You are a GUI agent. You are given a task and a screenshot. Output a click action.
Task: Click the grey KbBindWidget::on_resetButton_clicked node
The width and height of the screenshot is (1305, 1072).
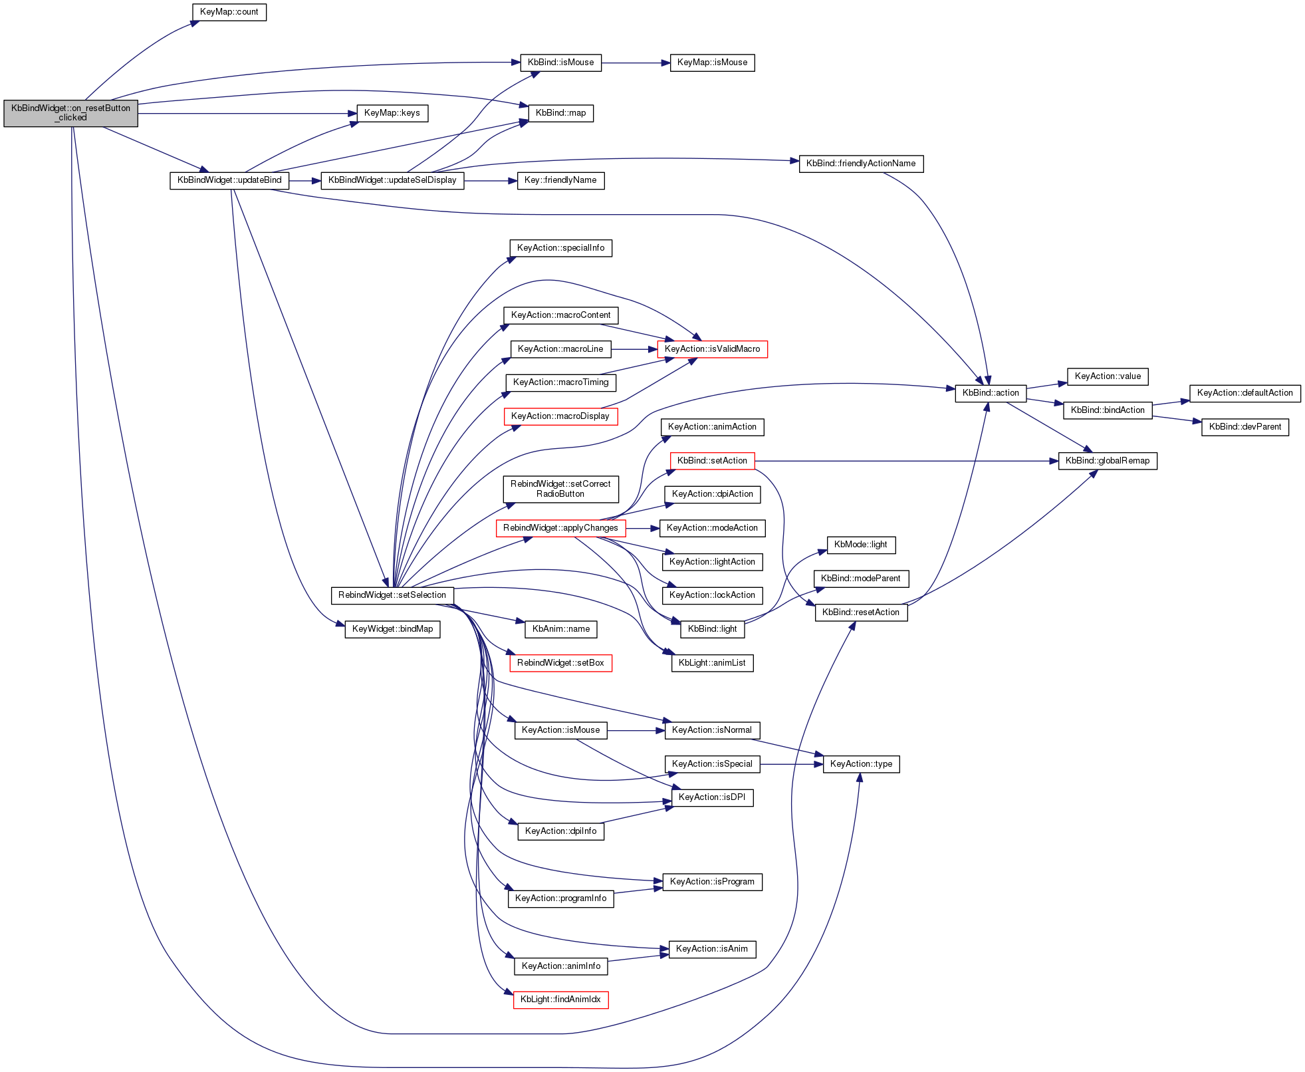click(x=71, y=113)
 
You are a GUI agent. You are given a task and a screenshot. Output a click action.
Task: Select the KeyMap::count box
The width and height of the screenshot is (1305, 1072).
click(x=229, y=12)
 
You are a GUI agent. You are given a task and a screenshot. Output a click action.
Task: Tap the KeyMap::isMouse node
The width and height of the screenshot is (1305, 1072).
click(x=712, y=63)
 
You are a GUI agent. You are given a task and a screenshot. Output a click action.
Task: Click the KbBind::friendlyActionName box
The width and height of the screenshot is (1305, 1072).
click(x=861, y=164)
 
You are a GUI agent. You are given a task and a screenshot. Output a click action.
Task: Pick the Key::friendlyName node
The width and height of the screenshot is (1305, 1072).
click(x=560, y=180)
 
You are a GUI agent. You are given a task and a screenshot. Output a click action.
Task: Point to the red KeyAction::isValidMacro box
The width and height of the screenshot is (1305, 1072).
click(x=712, y=349)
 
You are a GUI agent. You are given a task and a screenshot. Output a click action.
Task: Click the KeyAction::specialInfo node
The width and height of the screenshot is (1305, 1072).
click(x=560, y=248)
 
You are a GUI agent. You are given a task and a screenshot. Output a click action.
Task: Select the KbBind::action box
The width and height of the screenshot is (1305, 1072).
click(x=991, y=393)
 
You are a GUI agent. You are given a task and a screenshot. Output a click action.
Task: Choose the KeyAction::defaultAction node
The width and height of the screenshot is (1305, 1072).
click(x=1245, y=393)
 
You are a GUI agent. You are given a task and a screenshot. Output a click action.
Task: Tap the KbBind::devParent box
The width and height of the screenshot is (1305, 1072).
click(x=1245, y=427)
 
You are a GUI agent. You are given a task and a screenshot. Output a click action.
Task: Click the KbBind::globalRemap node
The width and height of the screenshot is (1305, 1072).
click(x=1108, y=461)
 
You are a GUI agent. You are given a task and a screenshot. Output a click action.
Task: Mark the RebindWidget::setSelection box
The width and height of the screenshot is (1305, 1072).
click(x=392, y=595)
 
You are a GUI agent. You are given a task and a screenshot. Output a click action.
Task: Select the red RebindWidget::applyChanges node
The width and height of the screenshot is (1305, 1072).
click(x=560, y=528)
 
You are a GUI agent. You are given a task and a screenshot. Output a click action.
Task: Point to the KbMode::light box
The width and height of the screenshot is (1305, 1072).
click(x=861, y=545)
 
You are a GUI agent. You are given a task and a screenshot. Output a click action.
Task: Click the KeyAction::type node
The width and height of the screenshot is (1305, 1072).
click(x=861, y=764)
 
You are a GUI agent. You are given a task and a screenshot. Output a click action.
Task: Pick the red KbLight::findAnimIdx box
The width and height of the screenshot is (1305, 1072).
click(x=560, y=1000)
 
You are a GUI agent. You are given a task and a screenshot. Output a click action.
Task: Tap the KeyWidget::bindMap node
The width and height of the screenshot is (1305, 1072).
click(x=392, y=629)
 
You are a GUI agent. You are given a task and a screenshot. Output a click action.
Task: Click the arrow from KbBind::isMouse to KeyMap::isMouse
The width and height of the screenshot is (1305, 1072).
click(x=636, y=63)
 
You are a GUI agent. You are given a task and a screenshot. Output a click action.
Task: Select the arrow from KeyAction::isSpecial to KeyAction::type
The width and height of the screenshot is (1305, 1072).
click(x=791, y=765)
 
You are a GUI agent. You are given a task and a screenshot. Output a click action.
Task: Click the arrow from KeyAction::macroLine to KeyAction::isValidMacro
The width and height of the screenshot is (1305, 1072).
click(x=634, y=349)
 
